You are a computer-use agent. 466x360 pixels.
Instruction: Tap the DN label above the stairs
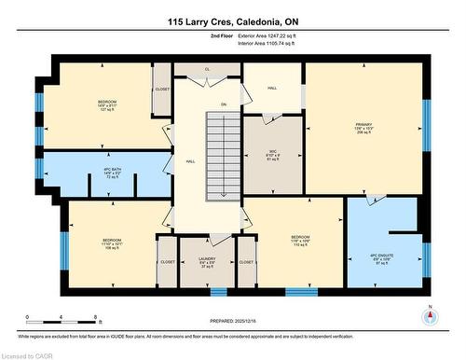[x=224, y=103]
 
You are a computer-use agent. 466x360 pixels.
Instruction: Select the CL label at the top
[x=207, y=69]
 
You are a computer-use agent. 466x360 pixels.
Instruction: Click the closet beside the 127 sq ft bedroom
[x=162, y=89]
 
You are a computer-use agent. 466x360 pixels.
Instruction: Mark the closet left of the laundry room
[x=168, y=262]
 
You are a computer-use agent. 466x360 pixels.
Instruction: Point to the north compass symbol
[x=429, y=314]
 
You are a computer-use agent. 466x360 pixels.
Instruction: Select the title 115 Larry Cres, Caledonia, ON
[x=232, y=20]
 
